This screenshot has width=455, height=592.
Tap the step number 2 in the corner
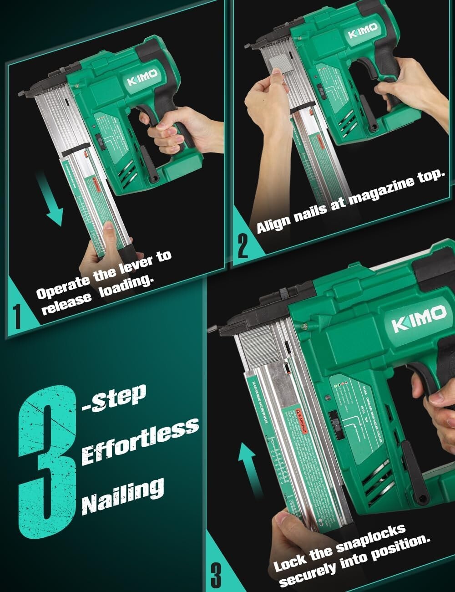click(x=243, y=246)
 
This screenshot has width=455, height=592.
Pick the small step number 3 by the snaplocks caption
click(x=216, y=575)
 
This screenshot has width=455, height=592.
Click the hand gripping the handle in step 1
click(x=177, y=132)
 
